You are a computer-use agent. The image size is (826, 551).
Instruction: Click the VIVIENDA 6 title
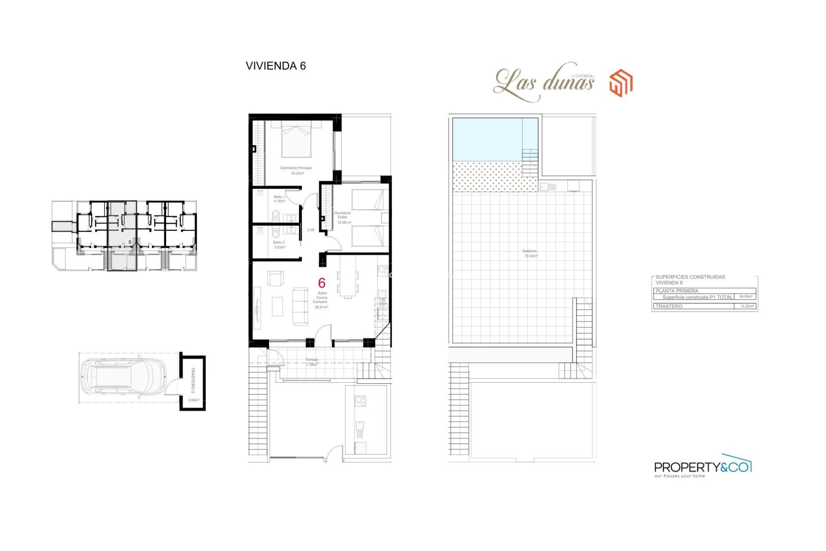[275, 66]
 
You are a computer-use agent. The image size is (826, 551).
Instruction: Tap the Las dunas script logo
[544, 82]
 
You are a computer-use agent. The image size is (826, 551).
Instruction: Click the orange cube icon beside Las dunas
[621, 83]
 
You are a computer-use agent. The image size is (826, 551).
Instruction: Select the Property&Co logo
[702, 467]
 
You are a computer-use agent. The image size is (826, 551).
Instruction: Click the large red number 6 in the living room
[321, 283]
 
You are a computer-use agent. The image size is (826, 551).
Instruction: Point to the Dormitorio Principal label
[296, 168]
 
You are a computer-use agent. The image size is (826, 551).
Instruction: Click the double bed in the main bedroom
[296, 140]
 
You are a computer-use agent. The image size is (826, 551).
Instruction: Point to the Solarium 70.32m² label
[530, 253]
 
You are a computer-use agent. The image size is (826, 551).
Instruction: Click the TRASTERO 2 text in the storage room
[193, 380]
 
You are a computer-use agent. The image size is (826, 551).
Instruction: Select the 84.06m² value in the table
[746, 297]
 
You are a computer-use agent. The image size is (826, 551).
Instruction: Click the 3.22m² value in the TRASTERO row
[748, 306]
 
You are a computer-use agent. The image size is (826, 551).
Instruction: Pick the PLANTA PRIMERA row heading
[677, 291]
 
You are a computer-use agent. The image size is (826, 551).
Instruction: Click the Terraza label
[312, 360]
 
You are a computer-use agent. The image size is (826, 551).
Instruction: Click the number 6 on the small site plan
[130, 242]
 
